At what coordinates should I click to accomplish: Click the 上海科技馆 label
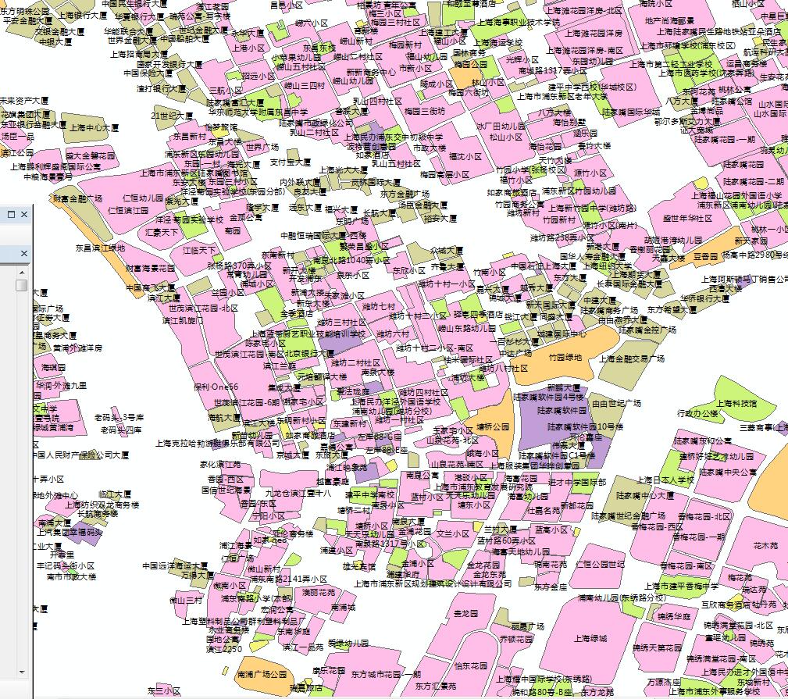(x=737, y=403)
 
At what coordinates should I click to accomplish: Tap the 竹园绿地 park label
(x=565, y=358)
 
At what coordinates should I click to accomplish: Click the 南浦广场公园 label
(x=261, y=673)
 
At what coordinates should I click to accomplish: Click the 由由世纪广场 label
(x=616, y=403)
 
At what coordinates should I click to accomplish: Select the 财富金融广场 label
(x=77, y=198)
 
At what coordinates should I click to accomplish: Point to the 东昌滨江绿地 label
(x=99, y=248)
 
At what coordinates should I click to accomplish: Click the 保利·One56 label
(x=216, y=387)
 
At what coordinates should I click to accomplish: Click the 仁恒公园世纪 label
(x=600, y=564)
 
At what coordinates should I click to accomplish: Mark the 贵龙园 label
(x=469, y=614)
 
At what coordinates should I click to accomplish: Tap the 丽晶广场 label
(x=527, y=626)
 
